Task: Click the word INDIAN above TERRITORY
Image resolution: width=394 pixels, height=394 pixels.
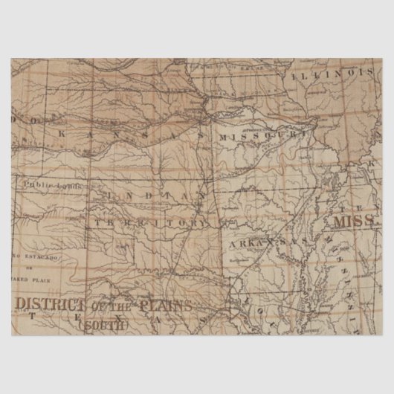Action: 149,195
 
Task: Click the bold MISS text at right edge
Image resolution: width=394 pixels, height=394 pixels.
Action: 352,222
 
